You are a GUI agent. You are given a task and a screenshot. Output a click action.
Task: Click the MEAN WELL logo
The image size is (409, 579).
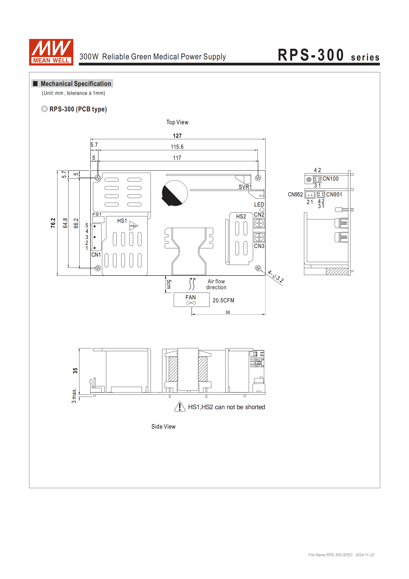[x=51, y=52]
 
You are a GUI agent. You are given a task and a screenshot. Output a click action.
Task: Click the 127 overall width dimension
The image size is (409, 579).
[x=177, y=136]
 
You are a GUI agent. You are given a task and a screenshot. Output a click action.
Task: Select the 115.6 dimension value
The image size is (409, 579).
[x=177, y=147]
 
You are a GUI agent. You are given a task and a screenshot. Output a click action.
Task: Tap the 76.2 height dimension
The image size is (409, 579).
[x=53, y=223]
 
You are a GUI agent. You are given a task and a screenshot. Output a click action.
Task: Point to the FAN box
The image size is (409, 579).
[x=191, y=300]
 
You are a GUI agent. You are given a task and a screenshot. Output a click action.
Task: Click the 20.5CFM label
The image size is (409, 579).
[x=223, y=300]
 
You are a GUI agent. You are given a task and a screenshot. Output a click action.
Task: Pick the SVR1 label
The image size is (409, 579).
[x=245, y=187]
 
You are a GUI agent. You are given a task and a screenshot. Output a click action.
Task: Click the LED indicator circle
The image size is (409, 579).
[x=262, y=210]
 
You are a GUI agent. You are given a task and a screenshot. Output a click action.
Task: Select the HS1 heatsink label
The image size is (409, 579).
[x=122, y=221]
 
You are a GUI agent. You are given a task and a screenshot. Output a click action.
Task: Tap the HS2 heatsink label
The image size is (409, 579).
[x=241, y=216]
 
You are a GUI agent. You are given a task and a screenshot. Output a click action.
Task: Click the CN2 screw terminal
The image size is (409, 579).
[x=259, y=223]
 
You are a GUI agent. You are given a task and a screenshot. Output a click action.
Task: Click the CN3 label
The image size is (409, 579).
[x=259, y=246]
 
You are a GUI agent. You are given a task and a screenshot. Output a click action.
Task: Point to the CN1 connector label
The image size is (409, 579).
[x=96, y=255]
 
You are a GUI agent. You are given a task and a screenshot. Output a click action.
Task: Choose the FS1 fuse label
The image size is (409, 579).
[x=97, y=214]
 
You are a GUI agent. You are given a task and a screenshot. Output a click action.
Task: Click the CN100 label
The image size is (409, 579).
[x=330, y=179]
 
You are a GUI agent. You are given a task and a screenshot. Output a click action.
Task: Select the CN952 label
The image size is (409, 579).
[x=295, y=194]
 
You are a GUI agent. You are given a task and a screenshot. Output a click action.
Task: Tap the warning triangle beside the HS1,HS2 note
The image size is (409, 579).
[x=180, y=407]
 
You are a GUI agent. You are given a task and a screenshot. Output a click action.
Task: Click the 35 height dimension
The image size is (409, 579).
[x=75, y=370]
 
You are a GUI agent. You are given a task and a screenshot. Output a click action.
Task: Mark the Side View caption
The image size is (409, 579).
[x=163, y=426]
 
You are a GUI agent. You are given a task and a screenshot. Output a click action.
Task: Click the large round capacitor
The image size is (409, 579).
[x=175, y=193]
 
